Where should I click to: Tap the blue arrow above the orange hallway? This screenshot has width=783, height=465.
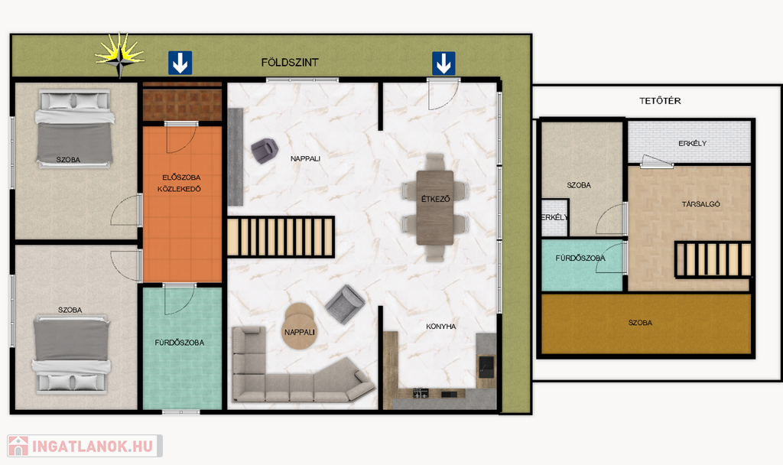[x=180, y=63]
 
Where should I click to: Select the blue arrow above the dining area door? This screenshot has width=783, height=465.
[x=443, y=63]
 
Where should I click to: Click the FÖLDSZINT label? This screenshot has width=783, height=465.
[x=290, y=63]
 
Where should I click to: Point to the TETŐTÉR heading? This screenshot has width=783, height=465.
[x=660, y=101]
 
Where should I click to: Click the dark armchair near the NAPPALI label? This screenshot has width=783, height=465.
[x=264, y=151]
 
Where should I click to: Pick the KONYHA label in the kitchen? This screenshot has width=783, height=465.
[x=441, y=326]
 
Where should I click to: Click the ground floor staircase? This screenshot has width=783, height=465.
[x=281, y=237]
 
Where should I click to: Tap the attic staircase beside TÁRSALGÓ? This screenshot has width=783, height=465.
[x=713, y=259]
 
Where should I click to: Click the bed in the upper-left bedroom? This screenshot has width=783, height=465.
[x=74, y=128]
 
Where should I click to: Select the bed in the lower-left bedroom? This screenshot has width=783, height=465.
[x=71, y=354]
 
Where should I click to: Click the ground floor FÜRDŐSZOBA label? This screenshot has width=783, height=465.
[x=179, y=343]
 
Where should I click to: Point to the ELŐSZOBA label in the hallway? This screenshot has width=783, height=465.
[x=181, y=177]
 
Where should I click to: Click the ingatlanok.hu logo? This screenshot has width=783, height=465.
[x=85, y=446]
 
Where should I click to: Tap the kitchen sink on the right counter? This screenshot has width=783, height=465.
[x=486, y=366]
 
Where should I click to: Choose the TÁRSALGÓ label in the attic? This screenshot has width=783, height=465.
[x=700, y=203]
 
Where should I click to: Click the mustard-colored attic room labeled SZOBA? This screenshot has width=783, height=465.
[x=646, y=324]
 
